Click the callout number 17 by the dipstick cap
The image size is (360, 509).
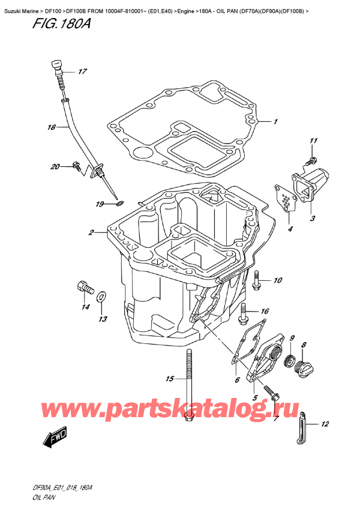(x=82, y=72)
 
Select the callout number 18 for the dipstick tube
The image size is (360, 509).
(x=52, y=127)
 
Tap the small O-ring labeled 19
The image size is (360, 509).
(x=119, y=204)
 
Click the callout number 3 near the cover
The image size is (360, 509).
(x=313, y=218)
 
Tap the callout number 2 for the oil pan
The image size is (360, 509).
(x=91, y=233)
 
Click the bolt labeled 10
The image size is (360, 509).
(x=257, y=280)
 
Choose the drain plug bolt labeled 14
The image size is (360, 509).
(x=85, y=288)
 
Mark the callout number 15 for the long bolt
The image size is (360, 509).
(x=169, y=379)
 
